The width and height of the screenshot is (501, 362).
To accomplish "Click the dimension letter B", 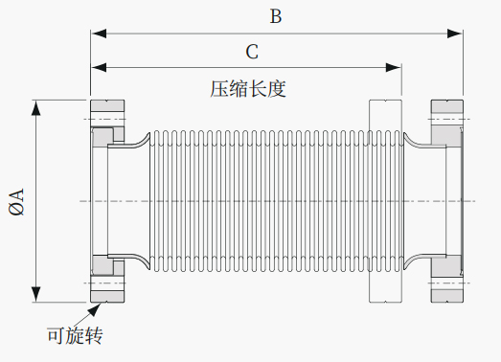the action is [x=276, y=16].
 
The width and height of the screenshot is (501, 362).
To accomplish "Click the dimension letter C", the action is [x=252, y=52].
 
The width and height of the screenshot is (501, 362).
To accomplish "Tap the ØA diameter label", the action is [x=16, y=202].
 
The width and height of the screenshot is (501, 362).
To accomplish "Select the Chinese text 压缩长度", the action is [x=248, y=88].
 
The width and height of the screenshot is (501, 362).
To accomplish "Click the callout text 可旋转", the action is [x=75, y=335].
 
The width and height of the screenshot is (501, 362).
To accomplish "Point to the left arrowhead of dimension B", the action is [x=99, y=34].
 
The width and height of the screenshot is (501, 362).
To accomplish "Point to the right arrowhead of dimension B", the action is [x=455, y=34].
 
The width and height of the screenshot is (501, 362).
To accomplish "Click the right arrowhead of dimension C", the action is [x=394, y=67].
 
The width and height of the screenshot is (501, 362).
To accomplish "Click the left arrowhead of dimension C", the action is [x=99, y=67].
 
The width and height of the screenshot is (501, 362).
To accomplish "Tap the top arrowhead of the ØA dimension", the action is [x=36, y=107].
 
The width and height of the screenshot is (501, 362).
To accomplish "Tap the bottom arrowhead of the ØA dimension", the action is [x=36, y=294].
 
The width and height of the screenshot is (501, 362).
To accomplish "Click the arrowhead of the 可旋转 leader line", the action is [x=95, y=309].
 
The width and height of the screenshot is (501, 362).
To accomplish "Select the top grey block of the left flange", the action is [x=107, y=105].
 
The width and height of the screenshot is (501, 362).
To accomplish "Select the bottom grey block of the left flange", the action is [x=107, y=296].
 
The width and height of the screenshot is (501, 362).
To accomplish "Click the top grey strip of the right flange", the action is [x=447, y=106].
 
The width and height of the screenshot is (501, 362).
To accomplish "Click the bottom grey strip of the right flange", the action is [x=447, y=296].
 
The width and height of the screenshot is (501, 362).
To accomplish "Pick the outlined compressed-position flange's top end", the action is [x=386, y=101].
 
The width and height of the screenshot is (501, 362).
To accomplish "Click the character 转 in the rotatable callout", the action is [x=94, y=335].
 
